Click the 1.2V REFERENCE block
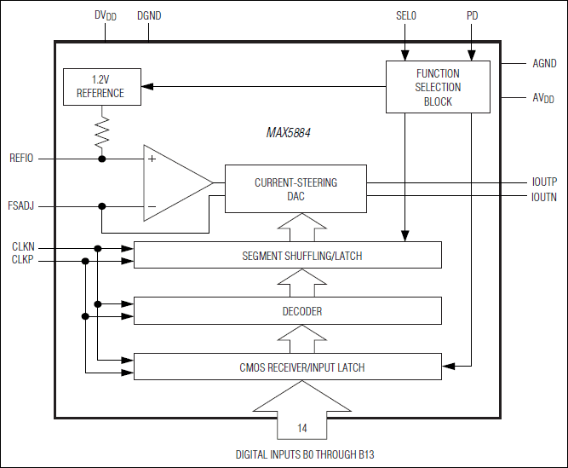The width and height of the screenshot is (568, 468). pos(100,86)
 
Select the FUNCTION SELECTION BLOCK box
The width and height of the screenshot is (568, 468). pos(438,87)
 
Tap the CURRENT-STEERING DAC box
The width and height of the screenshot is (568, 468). pos(295,189)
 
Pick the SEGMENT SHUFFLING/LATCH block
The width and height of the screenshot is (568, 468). pos(288,255)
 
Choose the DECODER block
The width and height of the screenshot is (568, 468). pos(288,311)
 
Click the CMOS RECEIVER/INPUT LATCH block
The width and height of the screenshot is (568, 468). pos(288,367)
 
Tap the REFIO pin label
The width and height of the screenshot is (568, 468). pos(21,159)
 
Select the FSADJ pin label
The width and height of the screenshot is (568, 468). pos(21,205)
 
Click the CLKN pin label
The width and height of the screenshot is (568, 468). pos(23,247)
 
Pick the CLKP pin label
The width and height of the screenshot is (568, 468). pos(23,260)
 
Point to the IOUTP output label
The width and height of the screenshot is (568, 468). pos(543,182)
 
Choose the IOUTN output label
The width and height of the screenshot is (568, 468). pos(543,197)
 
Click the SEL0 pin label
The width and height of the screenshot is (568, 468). pos(406,15)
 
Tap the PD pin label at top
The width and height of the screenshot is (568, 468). pos(473,15)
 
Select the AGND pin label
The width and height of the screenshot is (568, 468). pos(544,64)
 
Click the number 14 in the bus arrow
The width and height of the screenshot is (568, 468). pos(302,427)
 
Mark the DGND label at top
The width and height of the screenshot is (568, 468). pos(150,15)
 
